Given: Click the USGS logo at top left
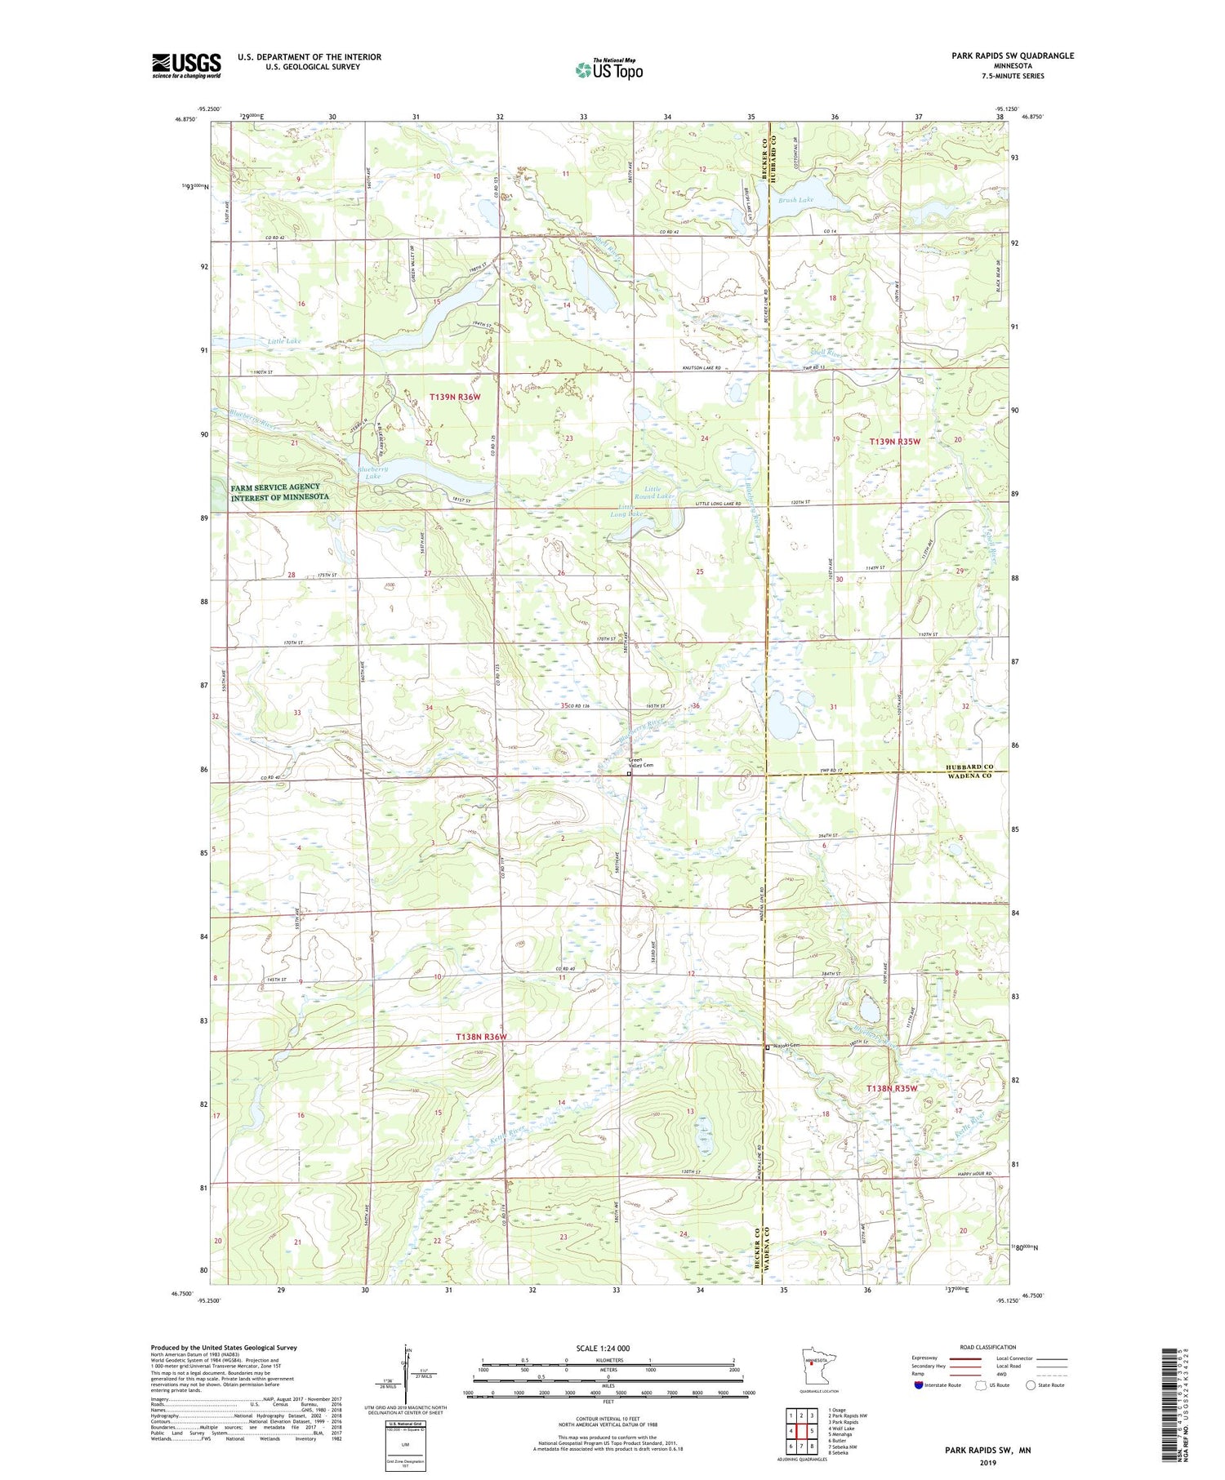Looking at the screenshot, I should point(186,65).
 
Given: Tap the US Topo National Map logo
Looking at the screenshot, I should point(609,69).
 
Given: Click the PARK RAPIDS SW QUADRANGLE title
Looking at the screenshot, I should point(1000,56).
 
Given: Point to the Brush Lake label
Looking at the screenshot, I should point(795,199).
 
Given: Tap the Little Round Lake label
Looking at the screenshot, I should point(655,492).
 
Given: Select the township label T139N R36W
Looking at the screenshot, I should point(455,397).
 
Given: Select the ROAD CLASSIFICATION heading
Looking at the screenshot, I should point(988,1347).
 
